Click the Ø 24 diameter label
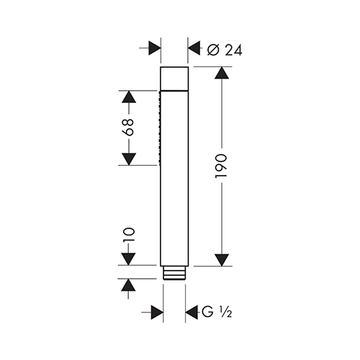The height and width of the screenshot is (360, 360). pos(225,50)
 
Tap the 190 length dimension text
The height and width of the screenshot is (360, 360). pos(221,166)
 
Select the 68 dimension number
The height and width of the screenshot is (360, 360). pos(129,127)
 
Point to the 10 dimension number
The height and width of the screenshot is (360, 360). pos(129,235)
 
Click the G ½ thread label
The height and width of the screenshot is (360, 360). pos(217,312)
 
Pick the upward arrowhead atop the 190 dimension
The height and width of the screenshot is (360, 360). pos(222,73)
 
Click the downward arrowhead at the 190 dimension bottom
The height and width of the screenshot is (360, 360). pos(222,260)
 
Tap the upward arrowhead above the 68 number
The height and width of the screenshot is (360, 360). pos(129,97)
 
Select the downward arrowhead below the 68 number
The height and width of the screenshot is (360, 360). pos(129,159)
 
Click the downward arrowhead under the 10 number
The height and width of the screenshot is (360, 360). pos(129,259)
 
